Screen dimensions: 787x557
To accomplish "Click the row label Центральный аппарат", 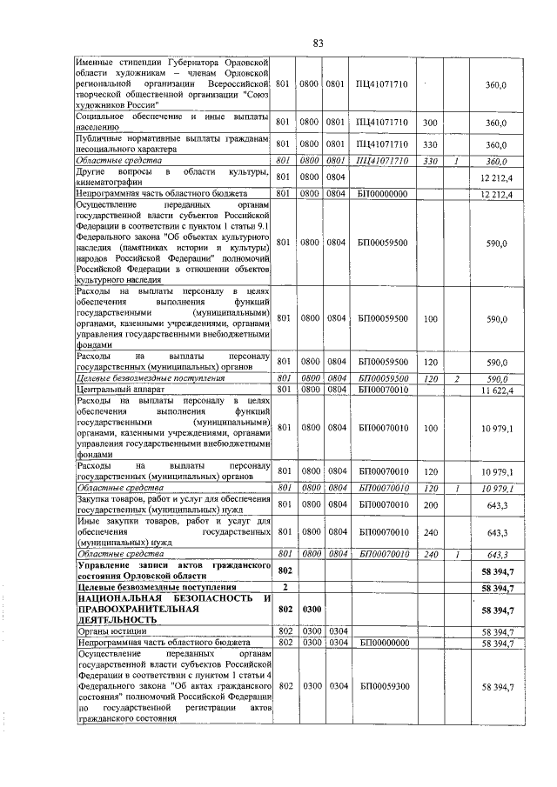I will point(113,390).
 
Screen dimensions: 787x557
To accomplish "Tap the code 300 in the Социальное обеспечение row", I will point(430,123).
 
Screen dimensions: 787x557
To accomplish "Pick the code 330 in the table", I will point(430,143).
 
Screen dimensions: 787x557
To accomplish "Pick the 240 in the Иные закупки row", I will point(430,531).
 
